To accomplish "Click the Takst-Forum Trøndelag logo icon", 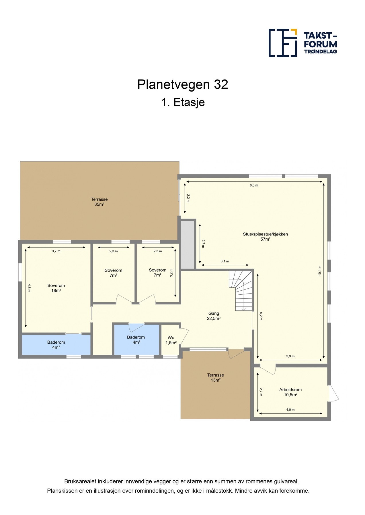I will point(282,43).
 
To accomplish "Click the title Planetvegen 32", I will point(182,84).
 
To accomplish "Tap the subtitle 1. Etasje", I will point(183,102).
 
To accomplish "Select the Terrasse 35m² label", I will point(99,202).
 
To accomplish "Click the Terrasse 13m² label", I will point(215,377).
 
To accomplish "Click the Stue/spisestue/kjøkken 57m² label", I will point(265,237).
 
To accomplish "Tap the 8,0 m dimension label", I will point(254,185).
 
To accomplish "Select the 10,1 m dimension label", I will point(320,270).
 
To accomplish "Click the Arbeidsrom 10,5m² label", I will point(290,392).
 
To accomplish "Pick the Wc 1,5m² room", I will point(171,340).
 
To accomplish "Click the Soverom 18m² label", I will point(56,288).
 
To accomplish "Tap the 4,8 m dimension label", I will point(29,288).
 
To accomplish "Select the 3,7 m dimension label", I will point(56,251).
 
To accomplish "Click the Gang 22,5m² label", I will point(214,316).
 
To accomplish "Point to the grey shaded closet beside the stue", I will point(188,244).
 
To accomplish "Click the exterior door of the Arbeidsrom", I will point(333,393).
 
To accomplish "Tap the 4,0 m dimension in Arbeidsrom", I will point(290,410).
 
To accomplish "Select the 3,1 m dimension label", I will point(225,261).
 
